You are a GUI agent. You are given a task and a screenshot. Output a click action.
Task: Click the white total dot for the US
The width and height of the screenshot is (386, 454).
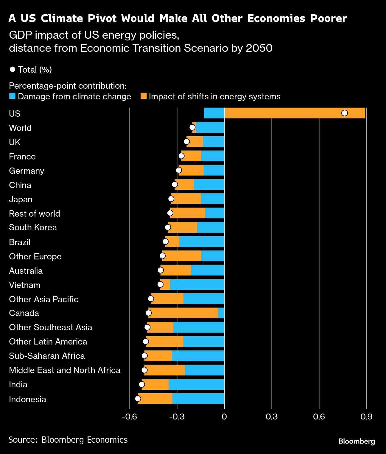(345, 113)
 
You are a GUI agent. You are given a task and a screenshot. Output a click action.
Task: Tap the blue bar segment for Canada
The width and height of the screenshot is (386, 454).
(221, 313)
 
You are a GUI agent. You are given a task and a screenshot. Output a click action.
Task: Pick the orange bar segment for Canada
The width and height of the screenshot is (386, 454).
(183, 313)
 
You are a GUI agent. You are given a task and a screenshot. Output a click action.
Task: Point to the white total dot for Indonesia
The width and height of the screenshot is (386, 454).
(138, 399)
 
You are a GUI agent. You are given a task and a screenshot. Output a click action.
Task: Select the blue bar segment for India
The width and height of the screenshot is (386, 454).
(196, 384)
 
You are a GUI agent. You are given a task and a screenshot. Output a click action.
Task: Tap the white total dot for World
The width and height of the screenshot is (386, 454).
(192, 127)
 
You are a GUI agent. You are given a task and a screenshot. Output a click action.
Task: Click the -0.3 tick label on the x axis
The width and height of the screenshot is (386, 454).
(177, 417)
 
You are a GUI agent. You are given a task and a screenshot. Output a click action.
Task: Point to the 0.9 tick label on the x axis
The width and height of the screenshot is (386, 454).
(366, 417)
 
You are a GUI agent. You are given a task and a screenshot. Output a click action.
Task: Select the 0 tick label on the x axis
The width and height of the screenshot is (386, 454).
(224, 417)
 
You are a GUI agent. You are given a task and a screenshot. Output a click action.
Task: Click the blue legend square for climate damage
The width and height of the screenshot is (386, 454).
(12, 96)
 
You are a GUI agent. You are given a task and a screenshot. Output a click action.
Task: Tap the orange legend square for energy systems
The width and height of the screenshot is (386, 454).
(144, 96)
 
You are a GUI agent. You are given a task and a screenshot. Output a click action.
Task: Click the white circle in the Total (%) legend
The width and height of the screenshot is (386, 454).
(13, 69)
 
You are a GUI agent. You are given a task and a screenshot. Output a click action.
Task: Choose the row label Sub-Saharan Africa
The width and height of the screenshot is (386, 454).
(47, 356)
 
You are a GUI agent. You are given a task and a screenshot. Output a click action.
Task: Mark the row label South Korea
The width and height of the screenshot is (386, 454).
(33, 227)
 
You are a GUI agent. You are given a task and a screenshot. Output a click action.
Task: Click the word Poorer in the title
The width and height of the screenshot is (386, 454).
(329, 18)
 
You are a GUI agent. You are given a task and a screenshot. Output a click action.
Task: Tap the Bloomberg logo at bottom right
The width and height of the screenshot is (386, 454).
(357, 441)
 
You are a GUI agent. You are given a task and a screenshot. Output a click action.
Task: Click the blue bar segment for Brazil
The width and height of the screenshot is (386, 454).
(202, 242)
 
